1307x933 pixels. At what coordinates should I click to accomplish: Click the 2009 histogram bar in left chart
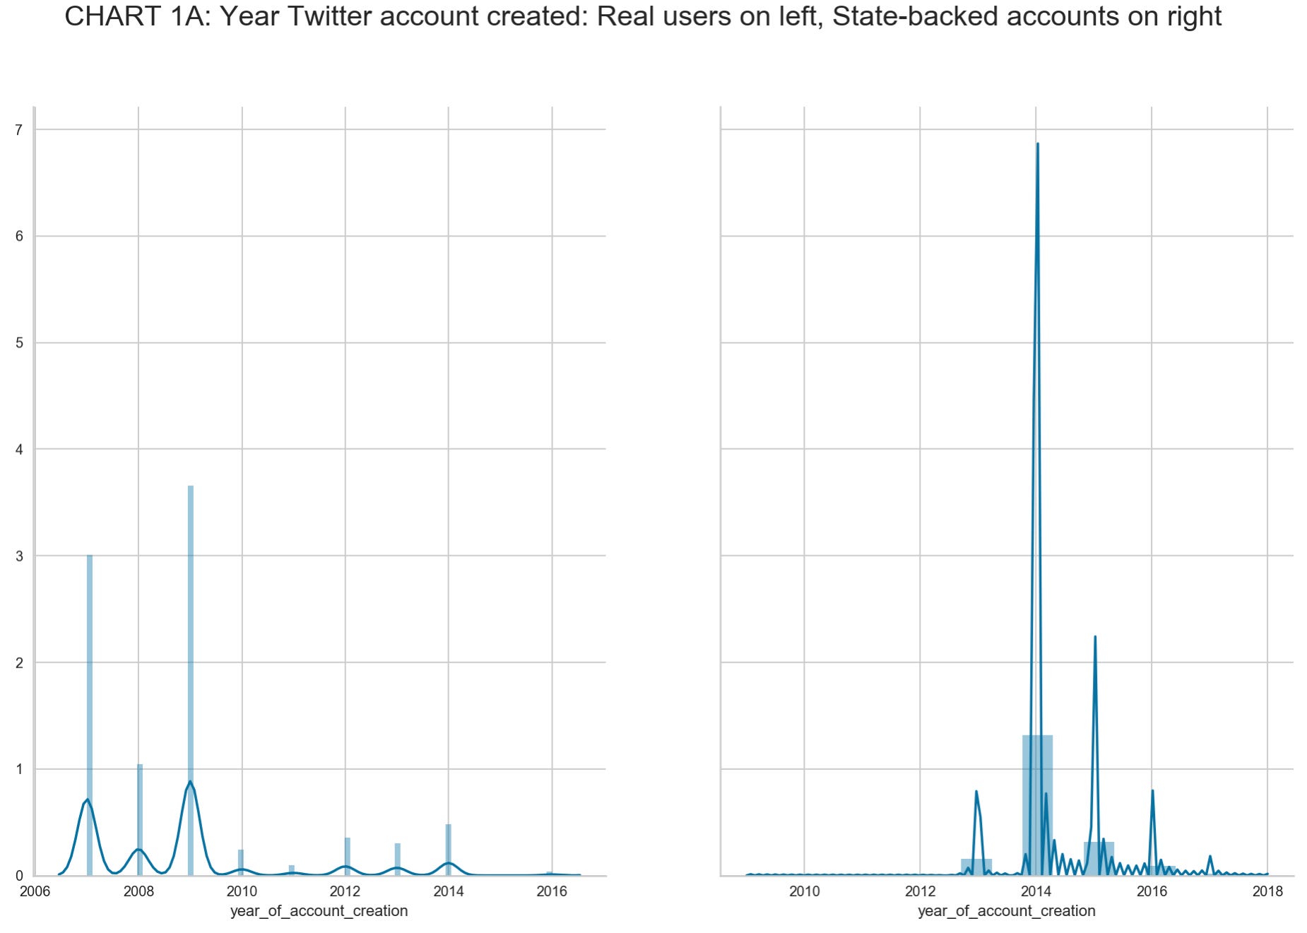pos(191,678)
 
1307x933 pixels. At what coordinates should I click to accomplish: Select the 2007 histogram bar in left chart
pos(90,713)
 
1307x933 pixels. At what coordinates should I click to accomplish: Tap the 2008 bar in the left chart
pos(140,819)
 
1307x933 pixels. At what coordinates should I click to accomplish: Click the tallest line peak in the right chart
pos(1037,144)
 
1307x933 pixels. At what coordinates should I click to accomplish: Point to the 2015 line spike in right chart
pos(1095,637)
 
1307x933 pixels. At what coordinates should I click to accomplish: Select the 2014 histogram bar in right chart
pos(1037,805)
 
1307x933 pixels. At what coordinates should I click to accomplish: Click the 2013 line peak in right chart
pos(976,792)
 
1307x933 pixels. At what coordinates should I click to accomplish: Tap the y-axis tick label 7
pos(19,130)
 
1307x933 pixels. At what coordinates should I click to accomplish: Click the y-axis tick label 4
pos(19,449)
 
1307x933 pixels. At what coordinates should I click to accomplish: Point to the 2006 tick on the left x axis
pos(35,891)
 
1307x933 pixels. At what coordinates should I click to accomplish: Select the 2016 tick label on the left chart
pos(552,891)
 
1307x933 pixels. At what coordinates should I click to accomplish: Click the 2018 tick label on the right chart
pos(1267,891)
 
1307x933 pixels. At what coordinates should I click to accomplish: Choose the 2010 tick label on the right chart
pos(804,891)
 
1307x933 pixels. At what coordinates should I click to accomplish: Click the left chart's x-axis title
pos(319,911)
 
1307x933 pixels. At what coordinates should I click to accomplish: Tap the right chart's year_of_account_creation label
pos(1006,911)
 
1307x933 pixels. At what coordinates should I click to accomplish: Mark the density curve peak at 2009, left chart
pos(190,782)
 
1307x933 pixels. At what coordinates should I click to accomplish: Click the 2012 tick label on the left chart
pos(345,891)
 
